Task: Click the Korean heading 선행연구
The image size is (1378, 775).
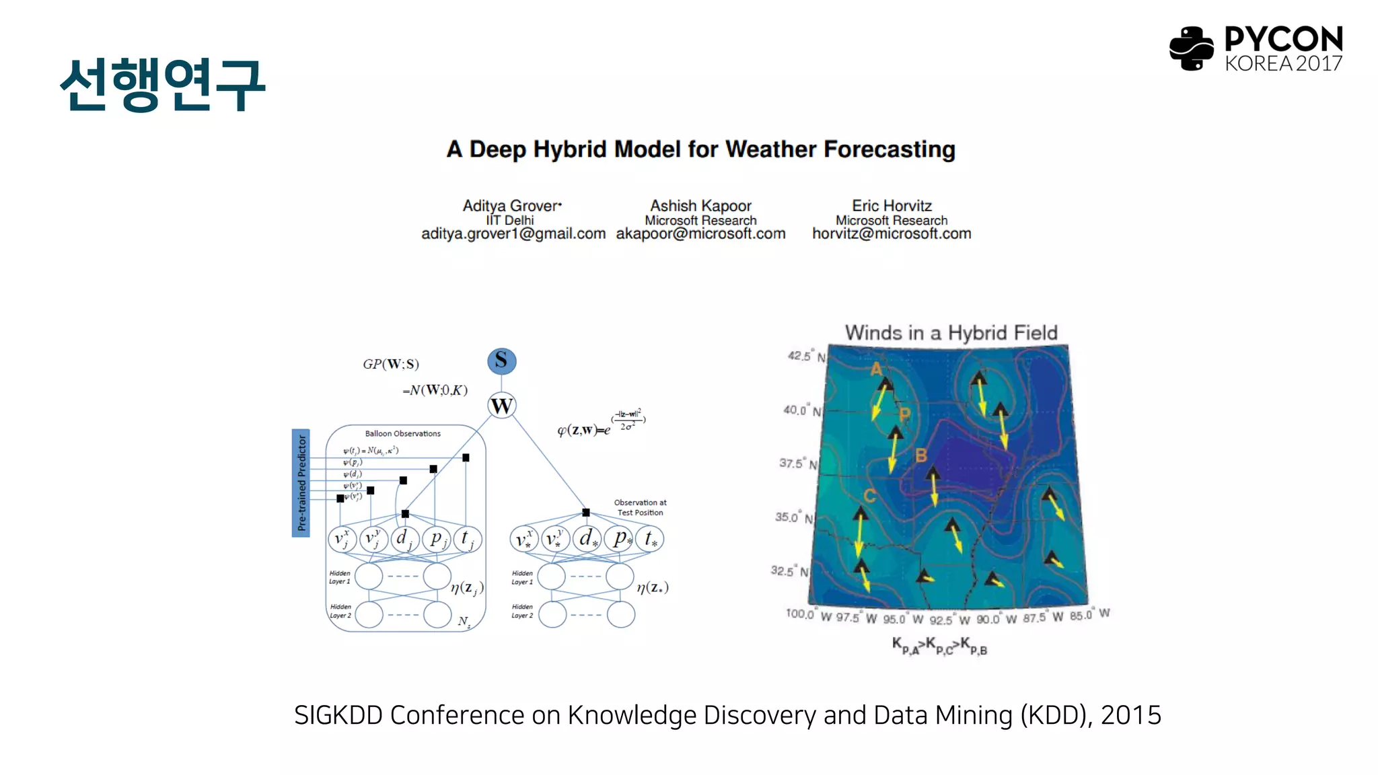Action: tap(162, 85)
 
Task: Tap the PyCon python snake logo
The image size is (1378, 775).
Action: tap(1191, 48)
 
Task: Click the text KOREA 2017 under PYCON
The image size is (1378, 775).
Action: tap(1282, 64)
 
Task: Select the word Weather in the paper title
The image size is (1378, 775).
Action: tap(770, 149)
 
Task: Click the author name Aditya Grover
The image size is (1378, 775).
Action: tap(511, 206)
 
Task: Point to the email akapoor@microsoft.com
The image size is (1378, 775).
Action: tap(700, 234)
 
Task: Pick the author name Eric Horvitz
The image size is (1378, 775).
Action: tap(892, 206)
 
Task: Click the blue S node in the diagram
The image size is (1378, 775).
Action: tap(501, 361)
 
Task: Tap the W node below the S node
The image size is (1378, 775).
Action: tap(501, 406)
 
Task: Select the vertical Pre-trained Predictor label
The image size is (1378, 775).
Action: tap(301, 482)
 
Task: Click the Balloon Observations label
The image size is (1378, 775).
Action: tap(402, 434)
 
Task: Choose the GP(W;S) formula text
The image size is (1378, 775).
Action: tap(391, 364)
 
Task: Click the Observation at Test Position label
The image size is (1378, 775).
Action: tap(640, 507)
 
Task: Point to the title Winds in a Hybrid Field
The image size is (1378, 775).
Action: tap(951, 333)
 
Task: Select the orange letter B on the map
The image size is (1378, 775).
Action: tap(921, 456)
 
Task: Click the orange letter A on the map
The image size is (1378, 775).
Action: tap(876, 369)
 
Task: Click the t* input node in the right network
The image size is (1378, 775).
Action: tap(650, 539)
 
